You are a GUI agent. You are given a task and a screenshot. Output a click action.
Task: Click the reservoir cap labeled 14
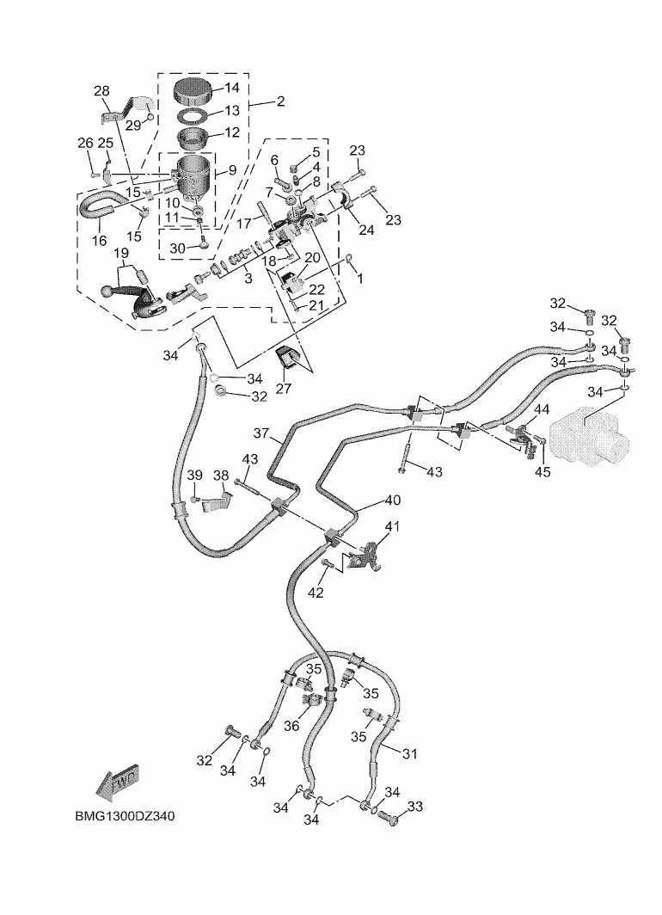point(192,89)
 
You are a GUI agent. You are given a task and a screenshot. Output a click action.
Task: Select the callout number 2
point(280,101)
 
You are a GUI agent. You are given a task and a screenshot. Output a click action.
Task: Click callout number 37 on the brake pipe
point(261,433)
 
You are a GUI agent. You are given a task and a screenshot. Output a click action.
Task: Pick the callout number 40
point(392,500)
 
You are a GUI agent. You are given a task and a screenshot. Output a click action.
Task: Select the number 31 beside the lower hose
point(409,754)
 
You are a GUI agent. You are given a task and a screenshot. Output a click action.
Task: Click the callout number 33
point(416,807)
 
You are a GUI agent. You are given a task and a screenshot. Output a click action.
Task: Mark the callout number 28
point(101,92)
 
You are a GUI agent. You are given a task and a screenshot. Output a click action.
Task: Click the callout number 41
point(392,526)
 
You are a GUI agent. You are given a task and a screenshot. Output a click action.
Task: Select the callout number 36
point(291,726)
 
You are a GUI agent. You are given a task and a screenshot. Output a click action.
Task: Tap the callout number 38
point(221,476)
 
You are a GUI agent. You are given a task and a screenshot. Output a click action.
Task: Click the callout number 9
point(232,170)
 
